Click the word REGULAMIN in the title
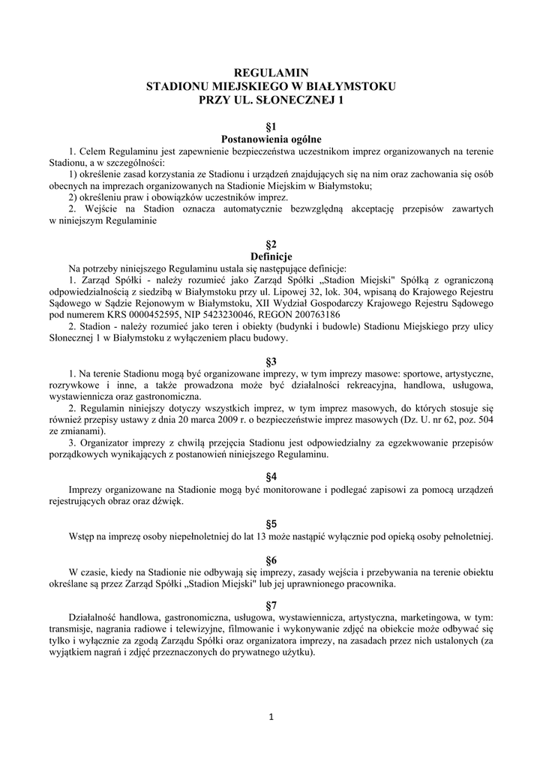click(271, 73)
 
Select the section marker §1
click(271, 127)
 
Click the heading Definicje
click(271, 256)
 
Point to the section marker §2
click(271, 244)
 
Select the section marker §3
click(271, 361)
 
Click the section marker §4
click(271, 477)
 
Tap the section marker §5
click(271, 523)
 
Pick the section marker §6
click(271, 559)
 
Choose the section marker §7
click(271, 605)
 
